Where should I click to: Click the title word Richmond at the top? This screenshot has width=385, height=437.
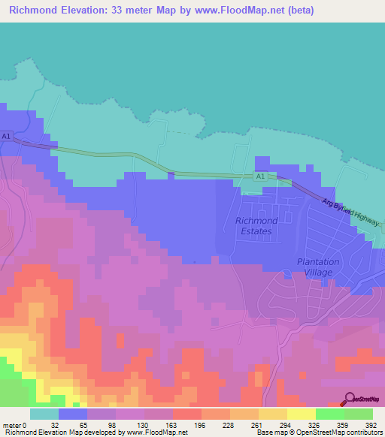coord(35,11)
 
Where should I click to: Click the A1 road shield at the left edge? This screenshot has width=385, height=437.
coord(6,136)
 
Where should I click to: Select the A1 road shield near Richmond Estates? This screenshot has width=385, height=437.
coord(259,176)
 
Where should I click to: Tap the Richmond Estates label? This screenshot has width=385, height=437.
coord(256,226)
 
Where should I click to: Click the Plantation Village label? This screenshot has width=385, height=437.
coord(317,267)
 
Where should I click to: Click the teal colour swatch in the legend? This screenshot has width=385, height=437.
coord(44,414)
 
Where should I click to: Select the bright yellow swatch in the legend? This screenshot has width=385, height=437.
coord(301,414)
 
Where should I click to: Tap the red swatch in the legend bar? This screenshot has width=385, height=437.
coord(186,414)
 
